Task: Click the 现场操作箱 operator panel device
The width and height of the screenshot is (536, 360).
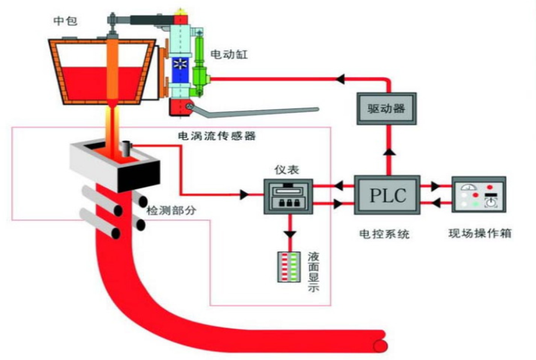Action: pos(478,195)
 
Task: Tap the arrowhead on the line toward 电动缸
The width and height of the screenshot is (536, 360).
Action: pos(340,79)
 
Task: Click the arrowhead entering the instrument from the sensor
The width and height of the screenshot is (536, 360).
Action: pos(245,195)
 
